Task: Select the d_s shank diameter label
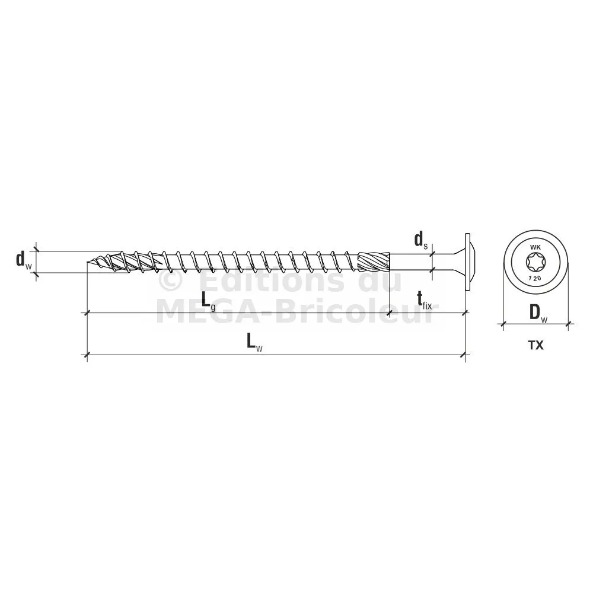pos(421,240)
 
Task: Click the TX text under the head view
pos(536,345)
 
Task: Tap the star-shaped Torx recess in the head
pos(535,262)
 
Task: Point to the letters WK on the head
pos(535,247)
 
